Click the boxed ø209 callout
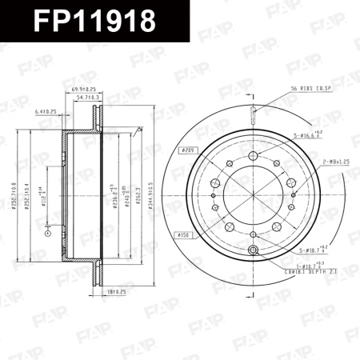(x=188, y=150)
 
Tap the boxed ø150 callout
(x=182, y=235)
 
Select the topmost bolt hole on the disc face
(x=252, y=155)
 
